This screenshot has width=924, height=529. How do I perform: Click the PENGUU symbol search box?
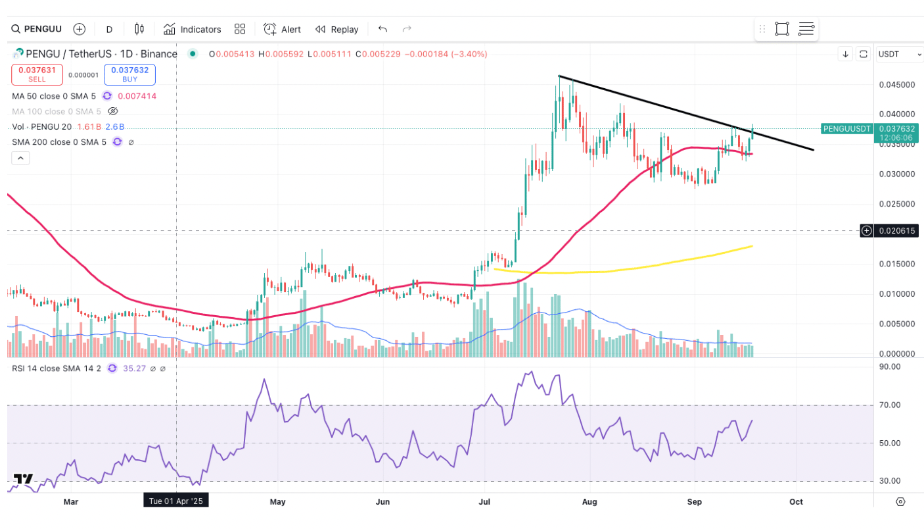pyautogui.click(x=38, y=29)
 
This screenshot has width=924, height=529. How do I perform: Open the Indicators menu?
pyautogui.click(x=193, y=29)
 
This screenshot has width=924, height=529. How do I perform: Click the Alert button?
pyautogui.click(x=283, y=29)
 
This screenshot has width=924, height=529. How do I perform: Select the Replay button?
pyautogui.click(x=337, y=29)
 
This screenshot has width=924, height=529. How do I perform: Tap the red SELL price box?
pyautogui.click(x=37, y=74)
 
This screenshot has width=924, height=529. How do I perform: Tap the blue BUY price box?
pyautogui.click(x=129, y=74)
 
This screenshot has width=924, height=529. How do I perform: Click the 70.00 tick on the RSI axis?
pyautogui.click(x=890, y=405)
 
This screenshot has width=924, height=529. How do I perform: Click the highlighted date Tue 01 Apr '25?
pyautogui.click(x=176, y=501)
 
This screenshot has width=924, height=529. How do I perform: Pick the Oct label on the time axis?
pyautogui.click(x=796, y=502)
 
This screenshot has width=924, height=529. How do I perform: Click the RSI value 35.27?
pyautogui.click(x=134, y=368)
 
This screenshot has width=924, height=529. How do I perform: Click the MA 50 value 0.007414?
pyautogui.click(x=137, y=96)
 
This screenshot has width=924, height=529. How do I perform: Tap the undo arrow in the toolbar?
pyautogui.click(x=382, y=29)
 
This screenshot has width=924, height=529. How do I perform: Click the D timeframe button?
pyautogui.click(x=109, y=29)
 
